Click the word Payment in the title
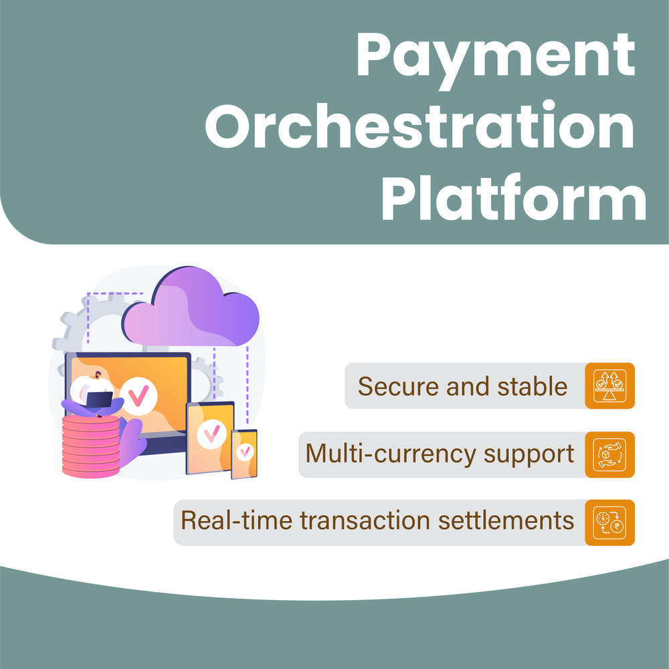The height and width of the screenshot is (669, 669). tap(495, 57)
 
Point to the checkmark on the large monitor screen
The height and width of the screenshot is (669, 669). tap(138, 396)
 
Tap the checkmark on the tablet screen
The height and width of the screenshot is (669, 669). tap(211, 436)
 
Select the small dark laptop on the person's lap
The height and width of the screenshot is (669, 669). tap(100, 399)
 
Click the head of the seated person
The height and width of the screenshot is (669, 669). tap(98, 377)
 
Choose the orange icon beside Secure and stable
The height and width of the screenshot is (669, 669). tap(609, 386)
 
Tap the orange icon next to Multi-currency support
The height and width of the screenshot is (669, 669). tap(609, 455)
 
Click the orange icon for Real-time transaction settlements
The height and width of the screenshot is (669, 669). tap(609, 522)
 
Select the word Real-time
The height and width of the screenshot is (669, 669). tap(221, 521)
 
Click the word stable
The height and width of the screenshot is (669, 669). tap(533, 386)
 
